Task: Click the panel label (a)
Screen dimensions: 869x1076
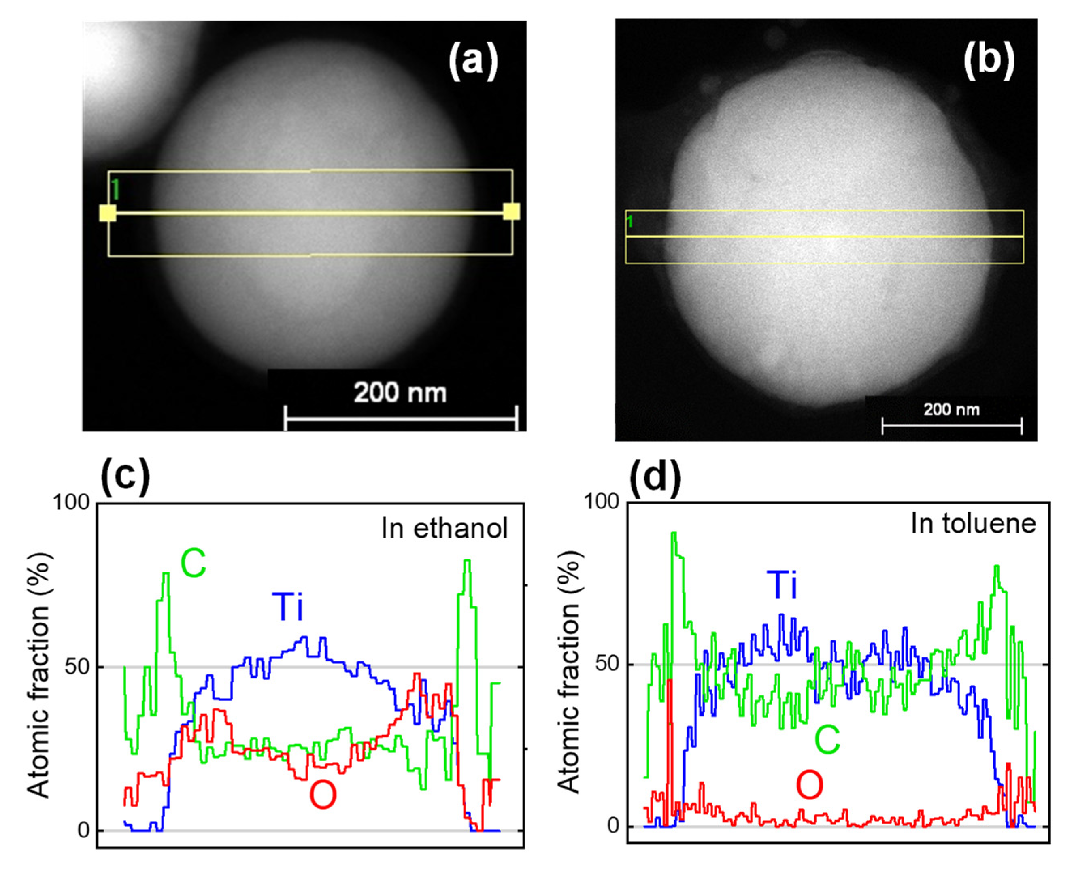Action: (x=473, y=62)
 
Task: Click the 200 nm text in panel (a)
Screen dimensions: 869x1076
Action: (x=400, y=393)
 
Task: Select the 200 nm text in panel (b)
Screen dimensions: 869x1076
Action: (x=951, y=410)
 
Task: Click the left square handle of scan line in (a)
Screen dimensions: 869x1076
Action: (x=108, y=213)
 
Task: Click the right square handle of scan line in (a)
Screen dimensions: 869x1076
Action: (x=511, y=212)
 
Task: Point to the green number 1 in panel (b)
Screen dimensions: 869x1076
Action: (x=630, y=221)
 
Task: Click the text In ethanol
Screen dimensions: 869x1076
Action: (x=444, y=528)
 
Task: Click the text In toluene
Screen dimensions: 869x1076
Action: (x=973, y=524)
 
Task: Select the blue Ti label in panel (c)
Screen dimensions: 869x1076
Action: (x=288, y=607)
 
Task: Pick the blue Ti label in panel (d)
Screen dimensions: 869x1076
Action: (x=782, y=585)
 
